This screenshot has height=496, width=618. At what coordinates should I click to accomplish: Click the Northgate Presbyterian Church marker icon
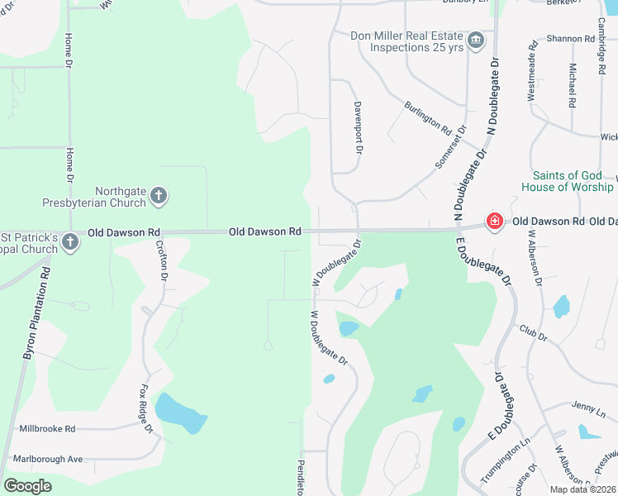click(159, 197)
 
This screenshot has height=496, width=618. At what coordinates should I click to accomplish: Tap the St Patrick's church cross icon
click(70, 242)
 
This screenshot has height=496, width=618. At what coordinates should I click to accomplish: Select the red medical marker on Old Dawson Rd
click(494, 222)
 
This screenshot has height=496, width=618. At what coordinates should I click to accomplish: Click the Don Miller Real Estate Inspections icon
click(475, 41)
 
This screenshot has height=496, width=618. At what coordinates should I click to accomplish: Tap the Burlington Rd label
click(427, 118)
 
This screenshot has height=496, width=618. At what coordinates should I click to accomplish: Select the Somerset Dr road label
click(451, 147)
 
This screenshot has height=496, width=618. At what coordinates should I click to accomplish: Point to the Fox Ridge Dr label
click(147, 408)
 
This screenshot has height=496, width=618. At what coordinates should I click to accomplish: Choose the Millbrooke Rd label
click(47, 429)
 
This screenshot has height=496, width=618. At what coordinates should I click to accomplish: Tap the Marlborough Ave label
click(48, 459)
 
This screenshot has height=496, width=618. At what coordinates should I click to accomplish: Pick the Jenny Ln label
click(587, 407)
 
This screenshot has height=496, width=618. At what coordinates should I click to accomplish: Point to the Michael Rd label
click(572, 85)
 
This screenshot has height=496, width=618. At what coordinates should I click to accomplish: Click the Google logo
click(28, 485)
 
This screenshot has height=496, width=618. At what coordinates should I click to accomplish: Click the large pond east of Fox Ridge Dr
click(180, 413)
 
